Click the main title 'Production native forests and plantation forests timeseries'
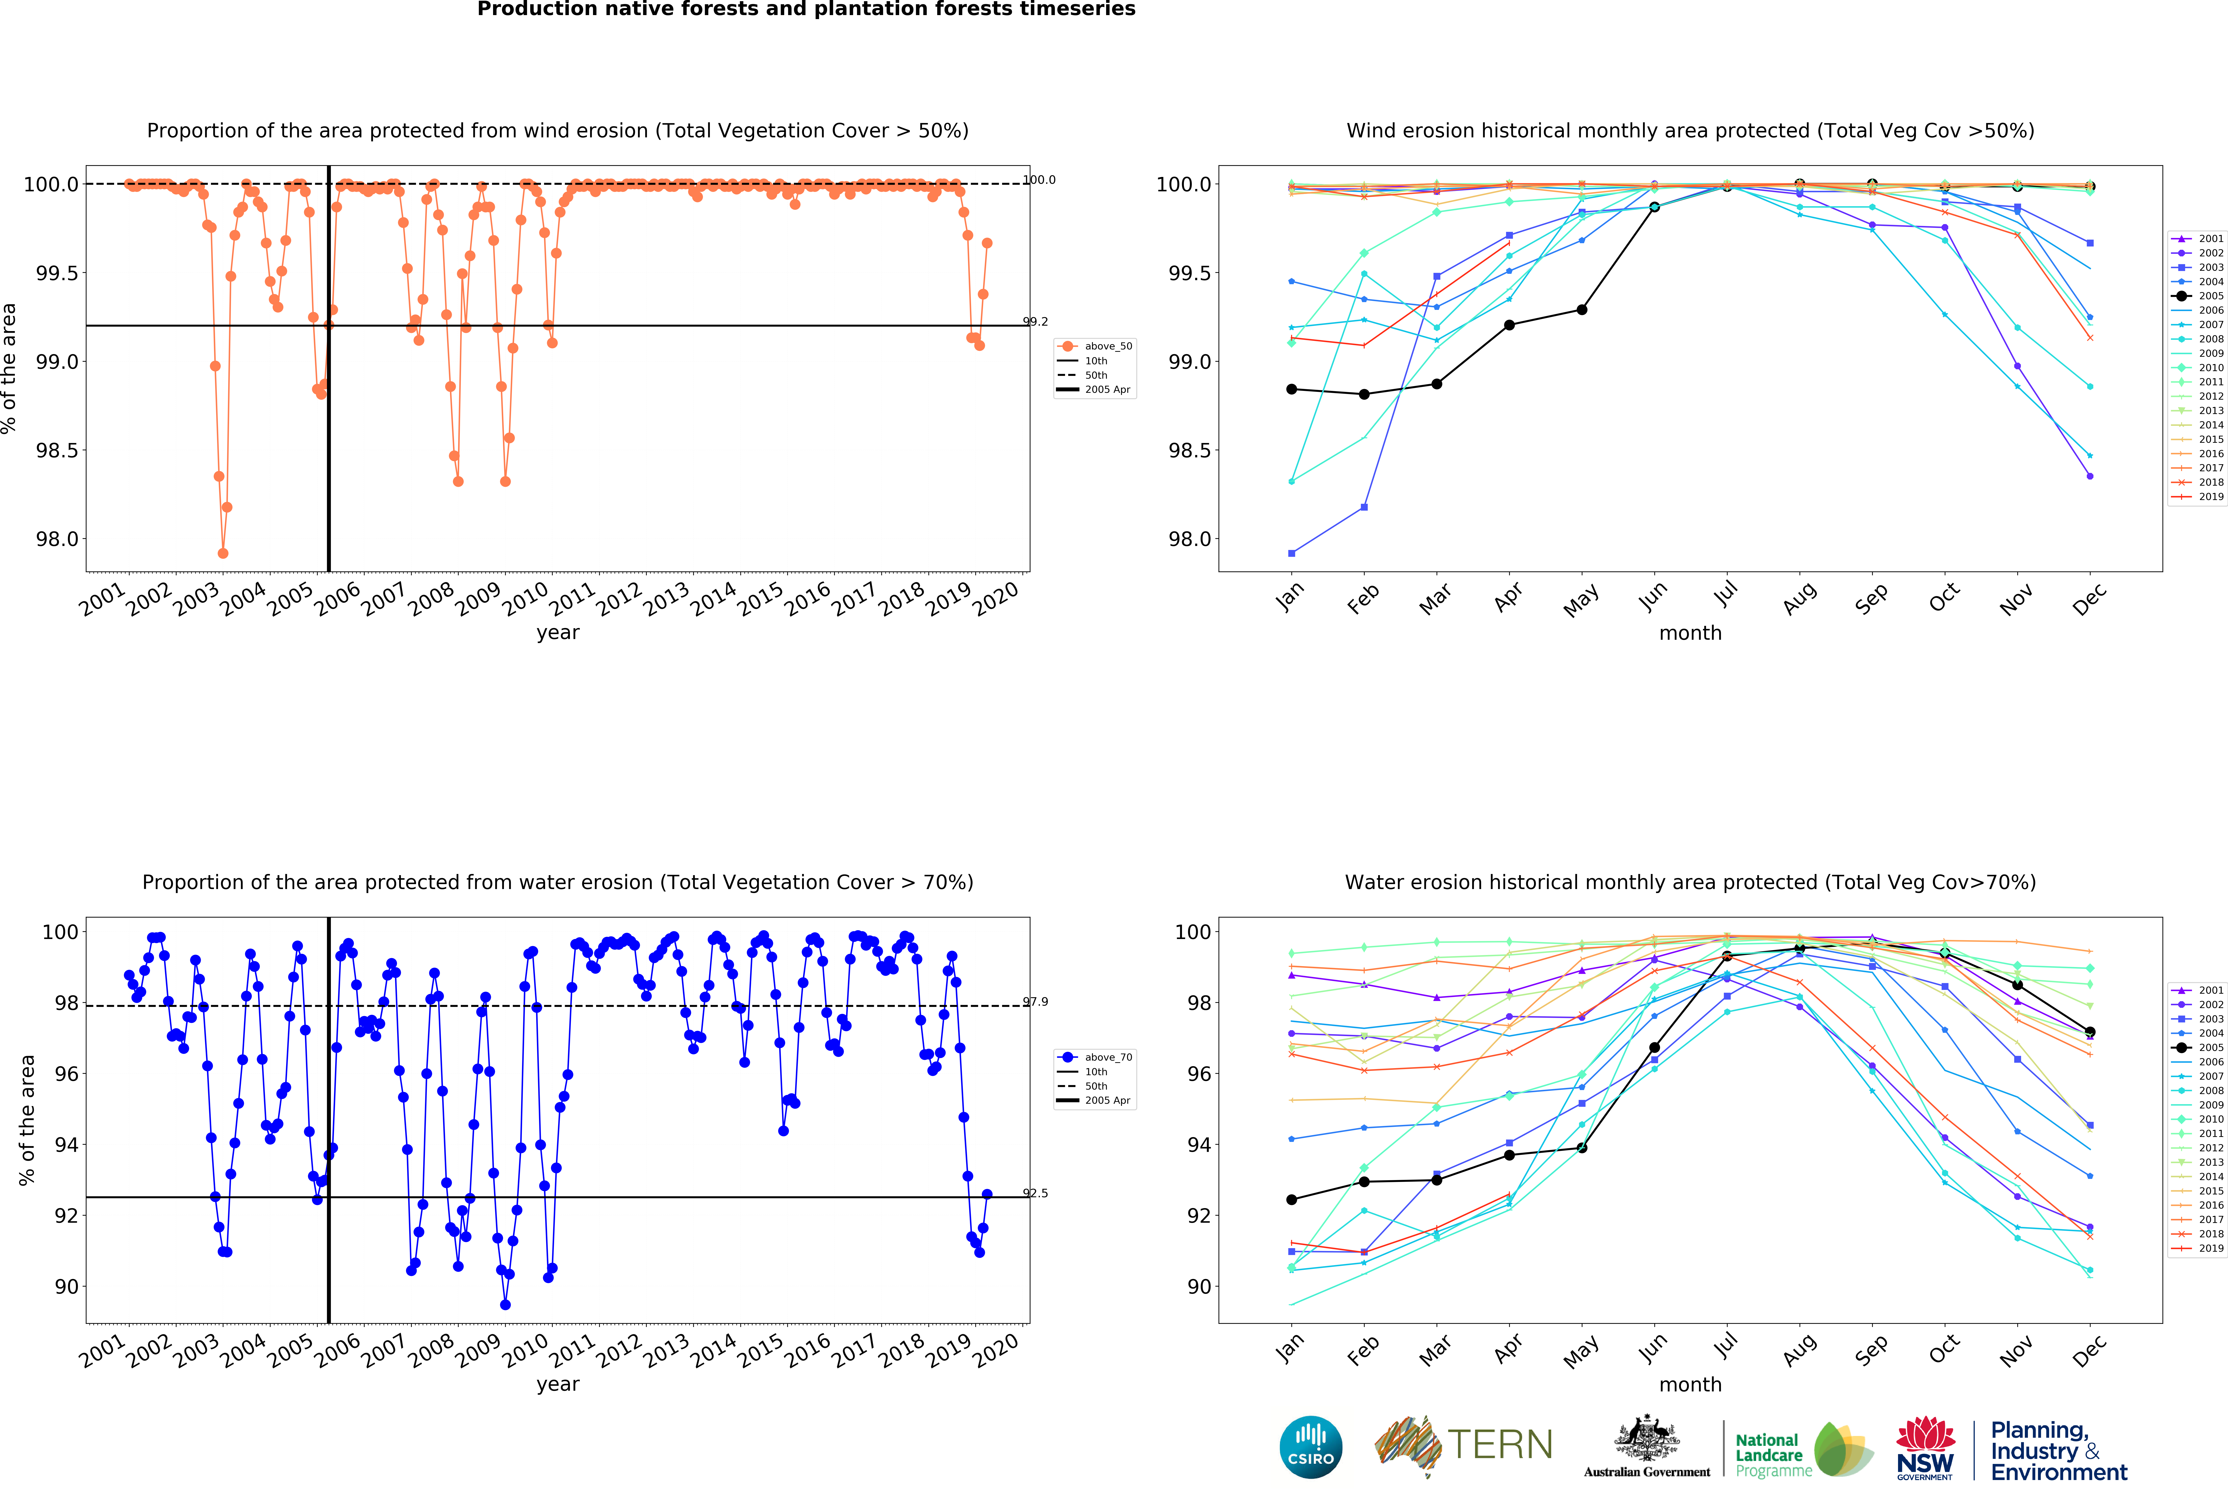[x=806, y=10]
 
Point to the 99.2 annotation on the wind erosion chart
[x=1035, y=322]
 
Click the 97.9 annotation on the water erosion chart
[x=1035, y=1002]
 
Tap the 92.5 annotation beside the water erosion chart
[x=1035, y=1193]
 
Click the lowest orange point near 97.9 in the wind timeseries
[x=222, y=553]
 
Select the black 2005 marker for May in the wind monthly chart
[x=1582, y=310]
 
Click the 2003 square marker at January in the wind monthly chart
[x=1291, y=553]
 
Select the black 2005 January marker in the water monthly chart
[x=1291, y=1199]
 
